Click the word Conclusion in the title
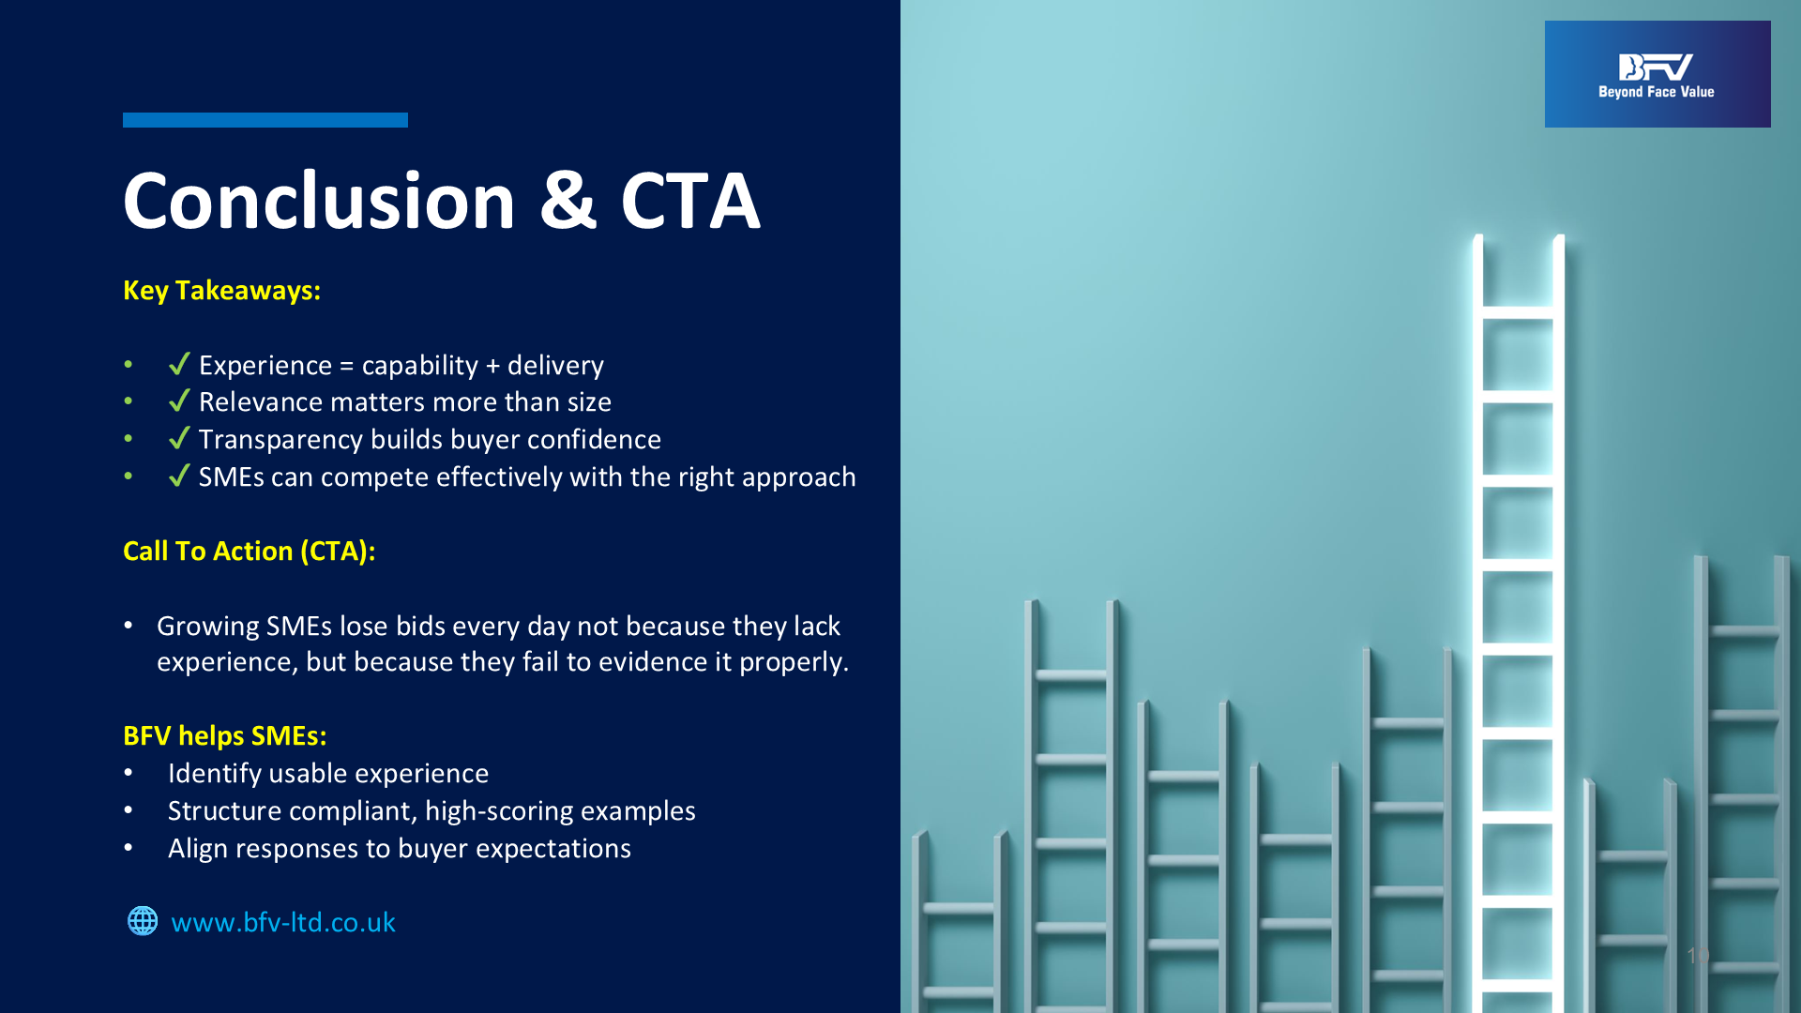coord(319,201)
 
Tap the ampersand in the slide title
coord(568,201)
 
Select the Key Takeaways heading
coord(221,291)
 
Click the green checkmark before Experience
coord(179,363)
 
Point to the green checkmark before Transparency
coord(179,438)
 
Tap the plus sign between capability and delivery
coord(492,366)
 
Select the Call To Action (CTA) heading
coord(249,551)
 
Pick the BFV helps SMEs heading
coord(224,735)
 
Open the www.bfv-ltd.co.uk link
coord(283,922)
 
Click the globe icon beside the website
coord(143,921)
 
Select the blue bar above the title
coord(265,120)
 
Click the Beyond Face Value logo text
coord(1657,92)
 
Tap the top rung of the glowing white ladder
coord(1518,312)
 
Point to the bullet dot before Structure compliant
coord(129,809)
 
